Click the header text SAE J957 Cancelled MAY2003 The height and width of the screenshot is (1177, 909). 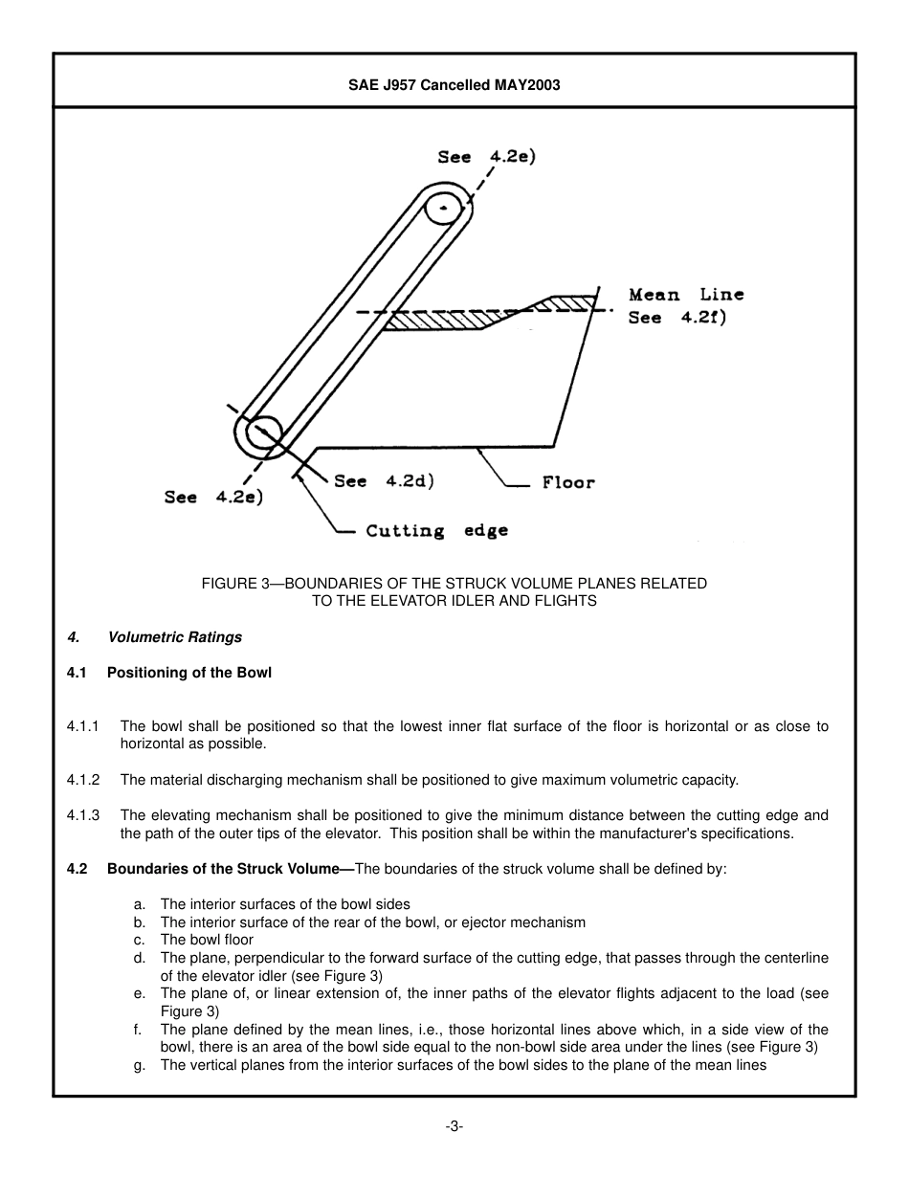pos(454,85)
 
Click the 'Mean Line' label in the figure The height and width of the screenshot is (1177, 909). pos(685,295)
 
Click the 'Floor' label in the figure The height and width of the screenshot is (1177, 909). pos(568,482)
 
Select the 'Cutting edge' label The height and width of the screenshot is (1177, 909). pos(436,531)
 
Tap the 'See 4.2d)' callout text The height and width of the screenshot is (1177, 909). pos(384,481)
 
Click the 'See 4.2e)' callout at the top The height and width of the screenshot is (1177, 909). pos(486,157)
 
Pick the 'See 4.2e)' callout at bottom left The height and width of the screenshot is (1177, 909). pos(213,497)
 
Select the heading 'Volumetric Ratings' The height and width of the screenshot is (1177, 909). pos(175,637)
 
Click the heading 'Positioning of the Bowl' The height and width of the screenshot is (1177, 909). pos(188,673)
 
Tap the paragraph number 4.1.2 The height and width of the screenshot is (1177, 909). pos(83,780)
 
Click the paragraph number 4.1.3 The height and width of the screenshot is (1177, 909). pos(83,815)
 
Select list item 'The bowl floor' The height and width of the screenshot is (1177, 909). pos(207,940)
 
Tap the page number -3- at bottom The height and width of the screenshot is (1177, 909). pos(454,1126)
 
